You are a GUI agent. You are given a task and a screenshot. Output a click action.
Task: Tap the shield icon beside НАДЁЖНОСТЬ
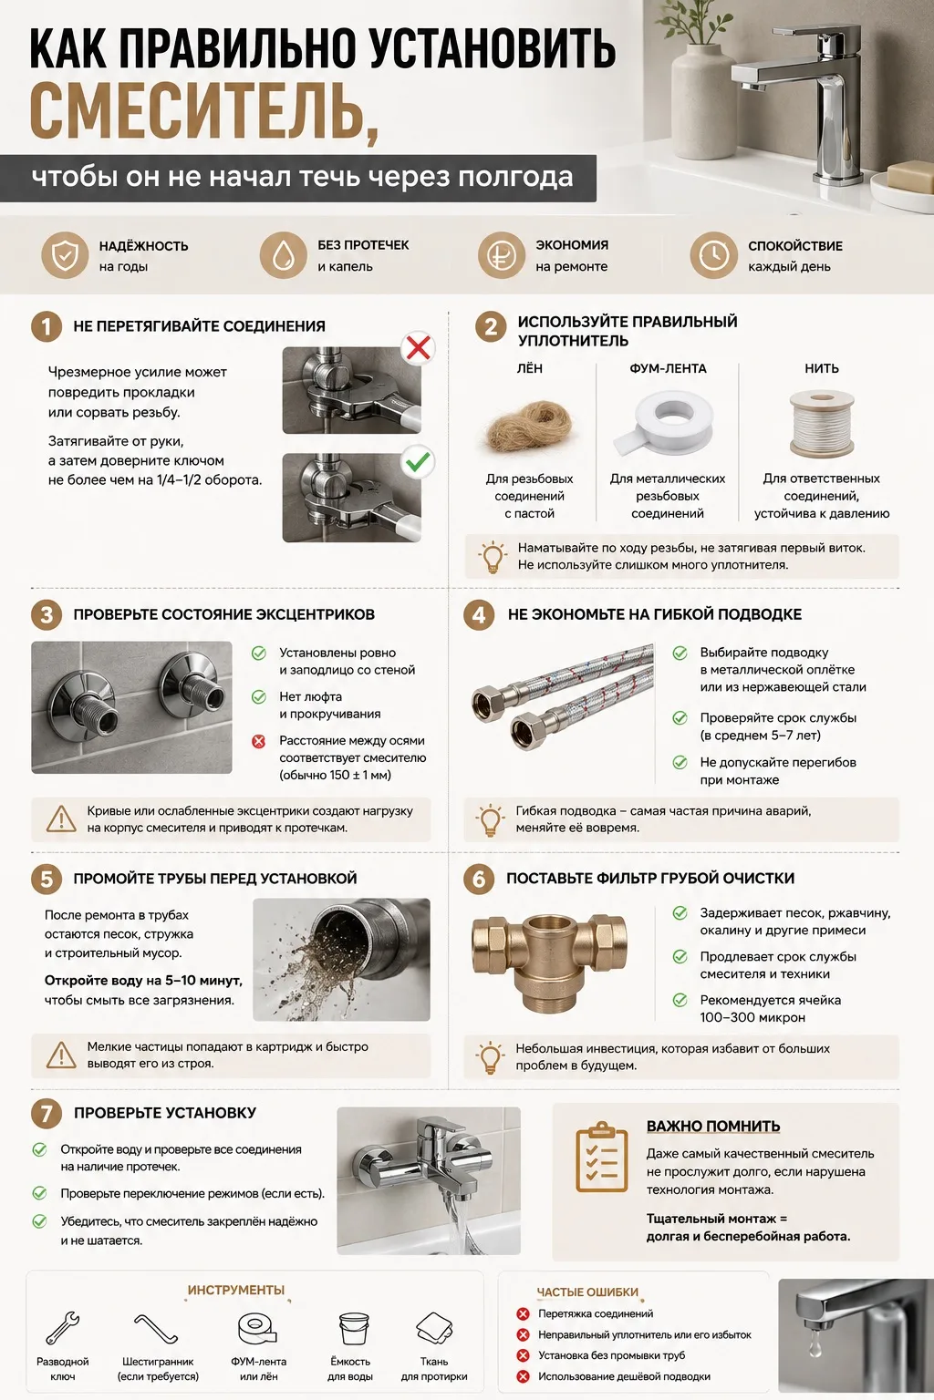pyautogui.click(x=65, y=255)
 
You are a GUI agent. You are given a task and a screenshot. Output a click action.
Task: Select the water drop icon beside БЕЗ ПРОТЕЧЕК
pyautogui.click(x=284, y=255)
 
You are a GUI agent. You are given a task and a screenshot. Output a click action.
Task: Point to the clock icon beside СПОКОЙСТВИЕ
pyautogui.click(x=713, y=255)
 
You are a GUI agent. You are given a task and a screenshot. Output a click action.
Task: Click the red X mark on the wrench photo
pyautogui.click(x=418, y=348)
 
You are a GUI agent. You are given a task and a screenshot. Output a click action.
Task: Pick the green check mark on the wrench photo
pyautogui.click(x=418, y=462)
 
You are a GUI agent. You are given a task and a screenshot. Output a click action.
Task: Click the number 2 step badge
pyautogui.click(x=491, y=327)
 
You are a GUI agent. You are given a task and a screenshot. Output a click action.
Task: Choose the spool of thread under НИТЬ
pyautogui.click(x=822, y=423)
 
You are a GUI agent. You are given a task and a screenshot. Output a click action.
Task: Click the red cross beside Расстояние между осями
pyautogui.click(x=258, y=741)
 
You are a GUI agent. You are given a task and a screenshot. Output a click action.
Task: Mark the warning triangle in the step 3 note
pyautogui.click(x=61, y=818)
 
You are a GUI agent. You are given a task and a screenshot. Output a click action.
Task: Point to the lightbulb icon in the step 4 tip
pyautogui.click(x=491, y=818)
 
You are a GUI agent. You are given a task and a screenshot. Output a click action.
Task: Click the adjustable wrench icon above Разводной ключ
pyautogui.click(x=63, y=1327)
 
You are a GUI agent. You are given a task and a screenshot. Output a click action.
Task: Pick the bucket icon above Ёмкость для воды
pyautogui.click(x=350, y=1328)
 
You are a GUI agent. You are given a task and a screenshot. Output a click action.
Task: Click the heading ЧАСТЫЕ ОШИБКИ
pyautogui.click(x=587, y=1292)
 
